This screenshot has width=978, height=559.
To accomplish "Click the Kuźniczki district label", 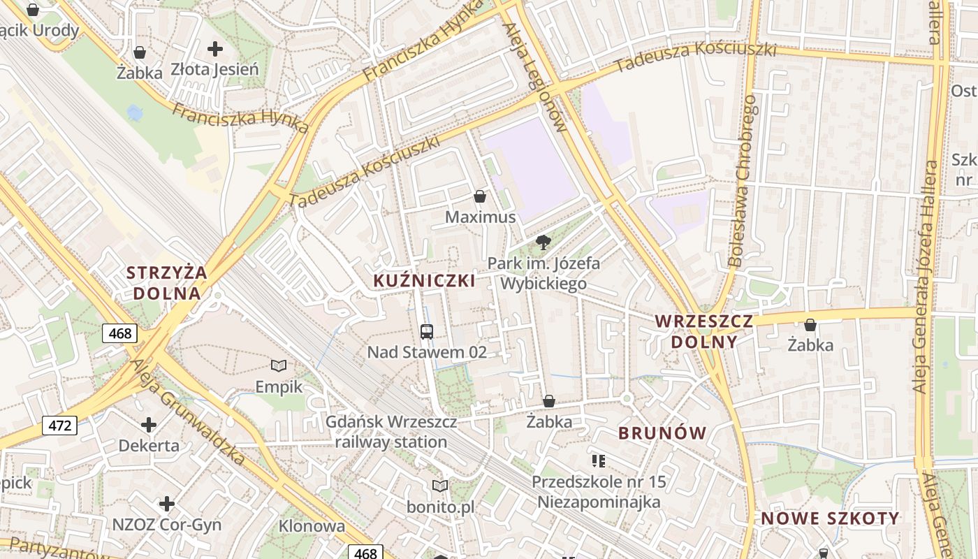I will tap(424, 281).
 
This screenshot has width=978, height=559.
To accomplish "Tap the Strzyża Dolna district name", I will tap(167, 282).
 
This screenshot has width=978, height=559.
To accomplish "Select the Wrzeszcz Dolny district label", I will tap(703, 331).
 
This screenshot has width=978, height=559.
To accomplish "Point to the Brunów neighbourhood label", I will tap(662, 433).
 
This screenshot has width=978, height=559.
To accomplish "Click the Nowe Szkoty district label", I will tap(830, 518).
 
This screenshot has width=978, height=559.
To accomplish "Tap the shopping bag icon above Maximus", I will tap(480, 196).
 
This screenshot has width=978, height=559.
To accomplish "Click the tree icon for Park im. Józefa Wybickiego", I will tap(543, 242).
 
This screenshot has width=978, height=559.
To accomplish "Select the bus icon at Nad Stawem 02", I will tap(427, 331).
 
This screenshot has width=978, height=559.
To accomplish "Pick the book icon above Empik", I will tap(279, 365).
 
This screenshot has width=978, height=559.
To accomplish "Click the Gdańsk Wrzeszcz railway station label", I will tap(391, 432).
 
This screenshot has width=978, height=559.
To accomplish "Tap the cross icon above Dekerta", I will tap(149, 424).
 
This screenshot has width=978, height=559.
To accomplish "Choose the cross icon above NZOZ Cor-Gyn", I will tap(166, 503).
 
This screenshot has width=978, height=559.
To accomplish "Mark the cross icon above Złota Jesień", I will tap(215, 49).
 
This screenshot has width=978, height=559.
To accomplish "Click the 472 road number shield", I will tap(59, 425).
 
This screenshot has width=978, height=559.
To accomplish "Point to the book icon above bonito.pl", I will tap(440, 486).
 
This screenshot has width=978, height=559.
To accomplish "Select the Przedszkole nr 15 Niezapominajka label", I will tap(599, 492).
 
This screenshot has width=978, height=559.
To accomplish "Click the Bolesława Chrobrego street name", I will tap(743, 181).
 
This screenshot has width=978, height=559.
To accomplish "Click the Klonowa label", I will tap(312, 526).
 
